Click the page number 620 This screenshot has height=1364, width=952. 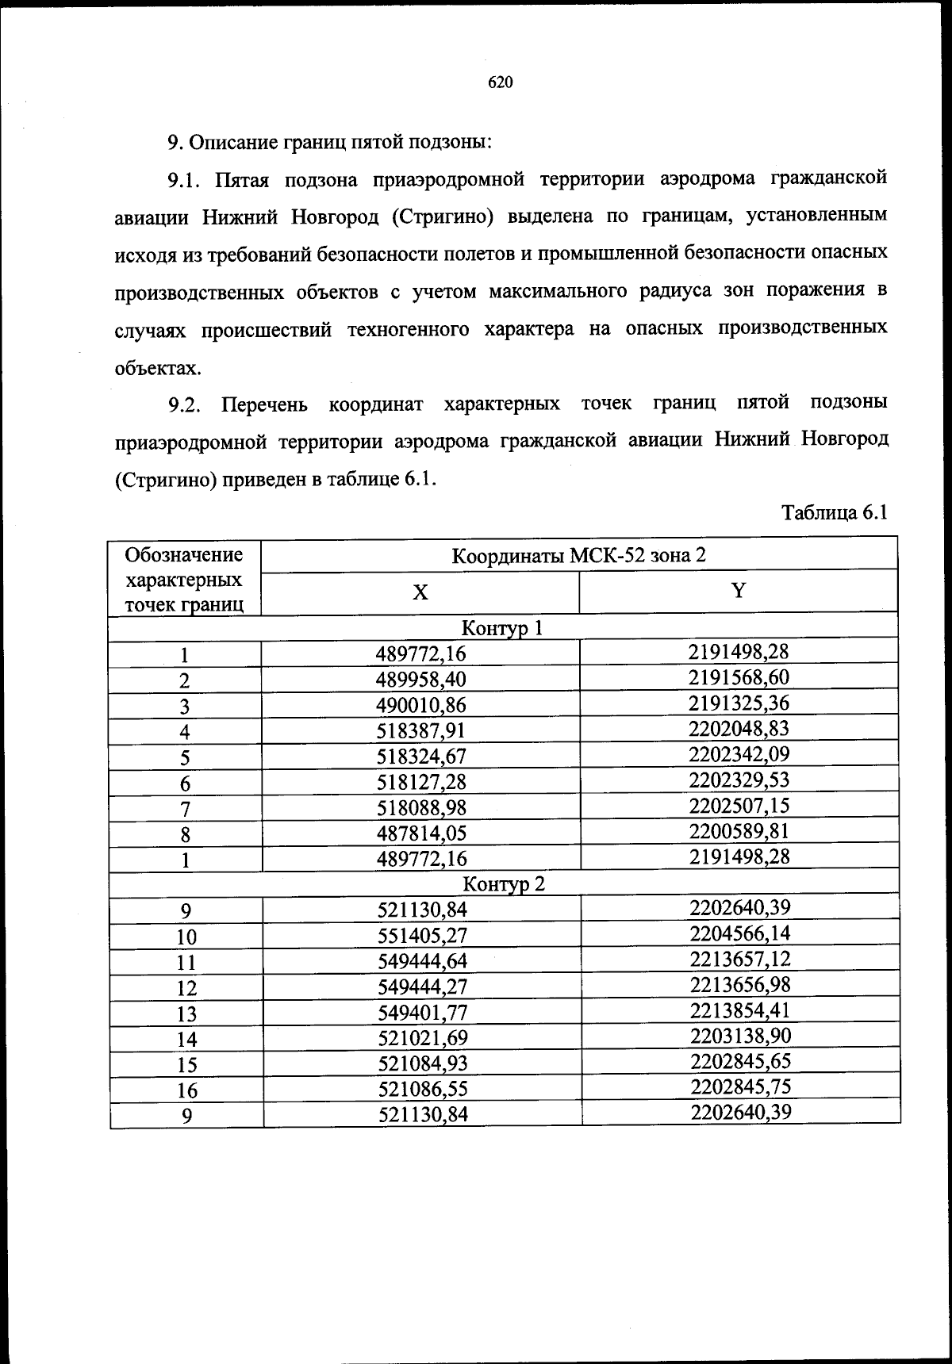click(x=501, y=82)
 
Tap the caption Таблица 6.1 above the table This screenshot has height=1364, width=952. click(x=833, y=512)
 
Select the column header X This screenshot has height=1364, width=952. click(x=420, y=592)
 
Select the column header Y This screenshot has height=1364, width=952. click(x=739, y=591)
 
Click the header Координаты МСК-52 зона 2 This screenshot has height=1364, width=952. click(x=579, y=554)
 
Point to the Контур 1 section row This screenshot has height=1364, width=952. click(x=503, y=629)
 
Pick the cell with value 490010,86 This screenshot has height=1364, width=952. click(x=420, y=705)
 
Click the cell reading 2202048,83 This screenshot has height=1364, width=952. click(x=739, y=728)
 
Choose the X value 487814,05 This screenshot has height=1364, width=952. click(x=421, y=833)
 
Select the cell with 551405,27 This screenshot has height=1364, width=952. click(x=422, y=935)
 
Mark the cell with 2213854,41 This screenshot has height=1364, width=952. click(x=740, y=1010)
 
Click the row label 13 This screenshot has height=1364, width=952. click(x=186, y=1013)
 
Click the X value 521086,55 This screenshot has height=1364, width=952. click(x=422, y=1089)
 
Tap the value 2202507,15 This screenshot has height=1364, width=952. click(x=739, y=806)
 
